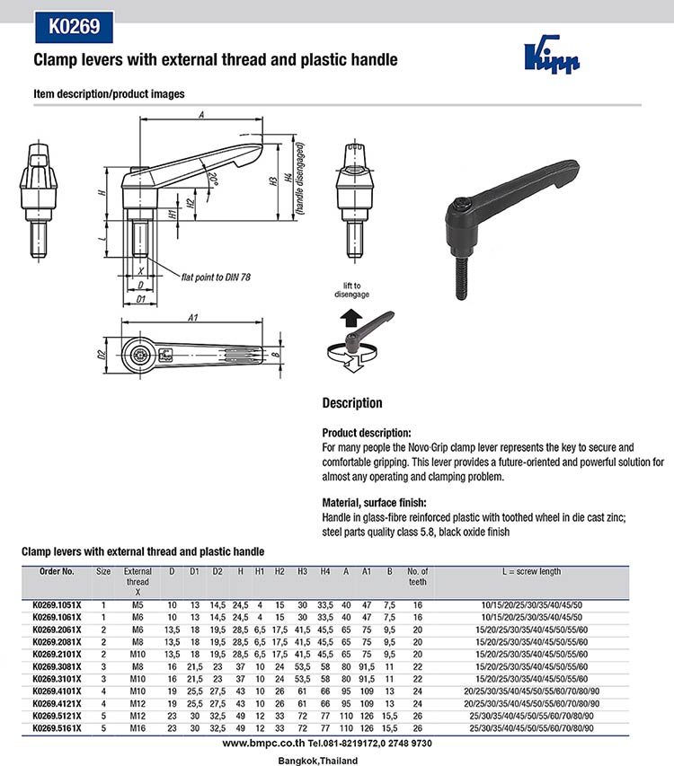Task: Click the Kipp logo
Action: [552, 57]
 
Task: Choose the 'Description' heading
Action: [352, 403]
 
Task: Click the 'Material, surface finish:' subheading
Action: [374, 503]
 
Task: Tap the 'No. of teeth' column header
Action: [417, 577]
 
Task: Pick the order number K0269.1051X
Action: [57, 606]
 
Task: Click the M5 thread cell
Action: [137, 606]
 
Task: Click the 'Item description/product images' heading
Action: [109, 93]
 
